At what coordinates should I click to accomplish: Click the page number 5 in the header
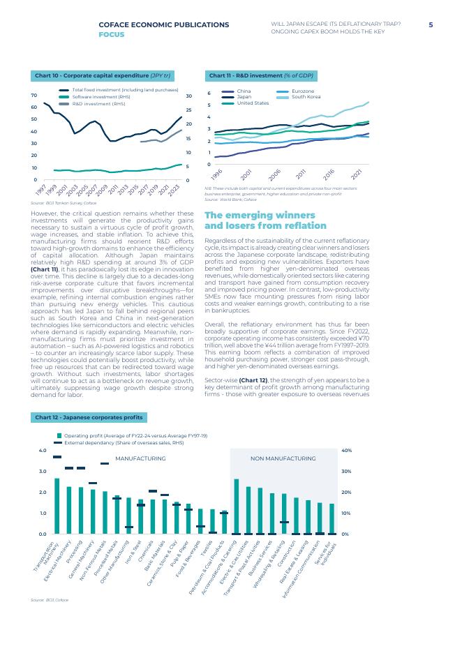[x=431, y=24]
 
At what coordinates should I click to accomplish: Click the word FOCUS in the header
[x=112, y=33]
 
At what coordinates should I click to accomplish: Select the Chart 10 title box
[x=104, y=75]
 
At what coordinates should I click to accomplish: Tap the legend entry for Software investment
[x=101, y=96]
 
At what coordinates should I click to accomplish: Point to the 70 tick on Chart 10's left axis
[x=34, y=95]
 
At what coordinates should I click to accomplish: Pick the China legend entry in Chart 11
[x=243, y=91]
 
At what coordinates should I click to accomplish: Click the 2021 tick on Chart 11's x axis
[x=357, y=173]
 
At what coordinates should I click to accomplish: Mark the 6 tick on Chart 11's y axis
[x=209, y=93]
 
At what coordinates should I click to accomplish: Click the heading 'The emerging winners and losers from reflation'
[x=265, y=220]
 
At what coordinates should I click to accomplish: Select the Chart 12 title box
[x=89, y=417]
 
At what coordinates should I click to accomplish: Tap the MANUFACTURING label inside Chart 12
[x=140, y=458]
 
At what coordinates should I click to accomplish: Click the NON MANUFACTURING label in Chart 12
[x=283, y=458]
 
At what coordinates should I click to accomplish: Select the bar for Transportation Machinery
[x=57, y=506]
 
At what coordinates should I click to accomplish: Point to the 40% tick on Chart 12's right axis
[x=346, y=451]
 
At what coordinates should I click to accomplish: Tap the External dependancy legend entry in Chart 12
[x=124, y=442]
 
